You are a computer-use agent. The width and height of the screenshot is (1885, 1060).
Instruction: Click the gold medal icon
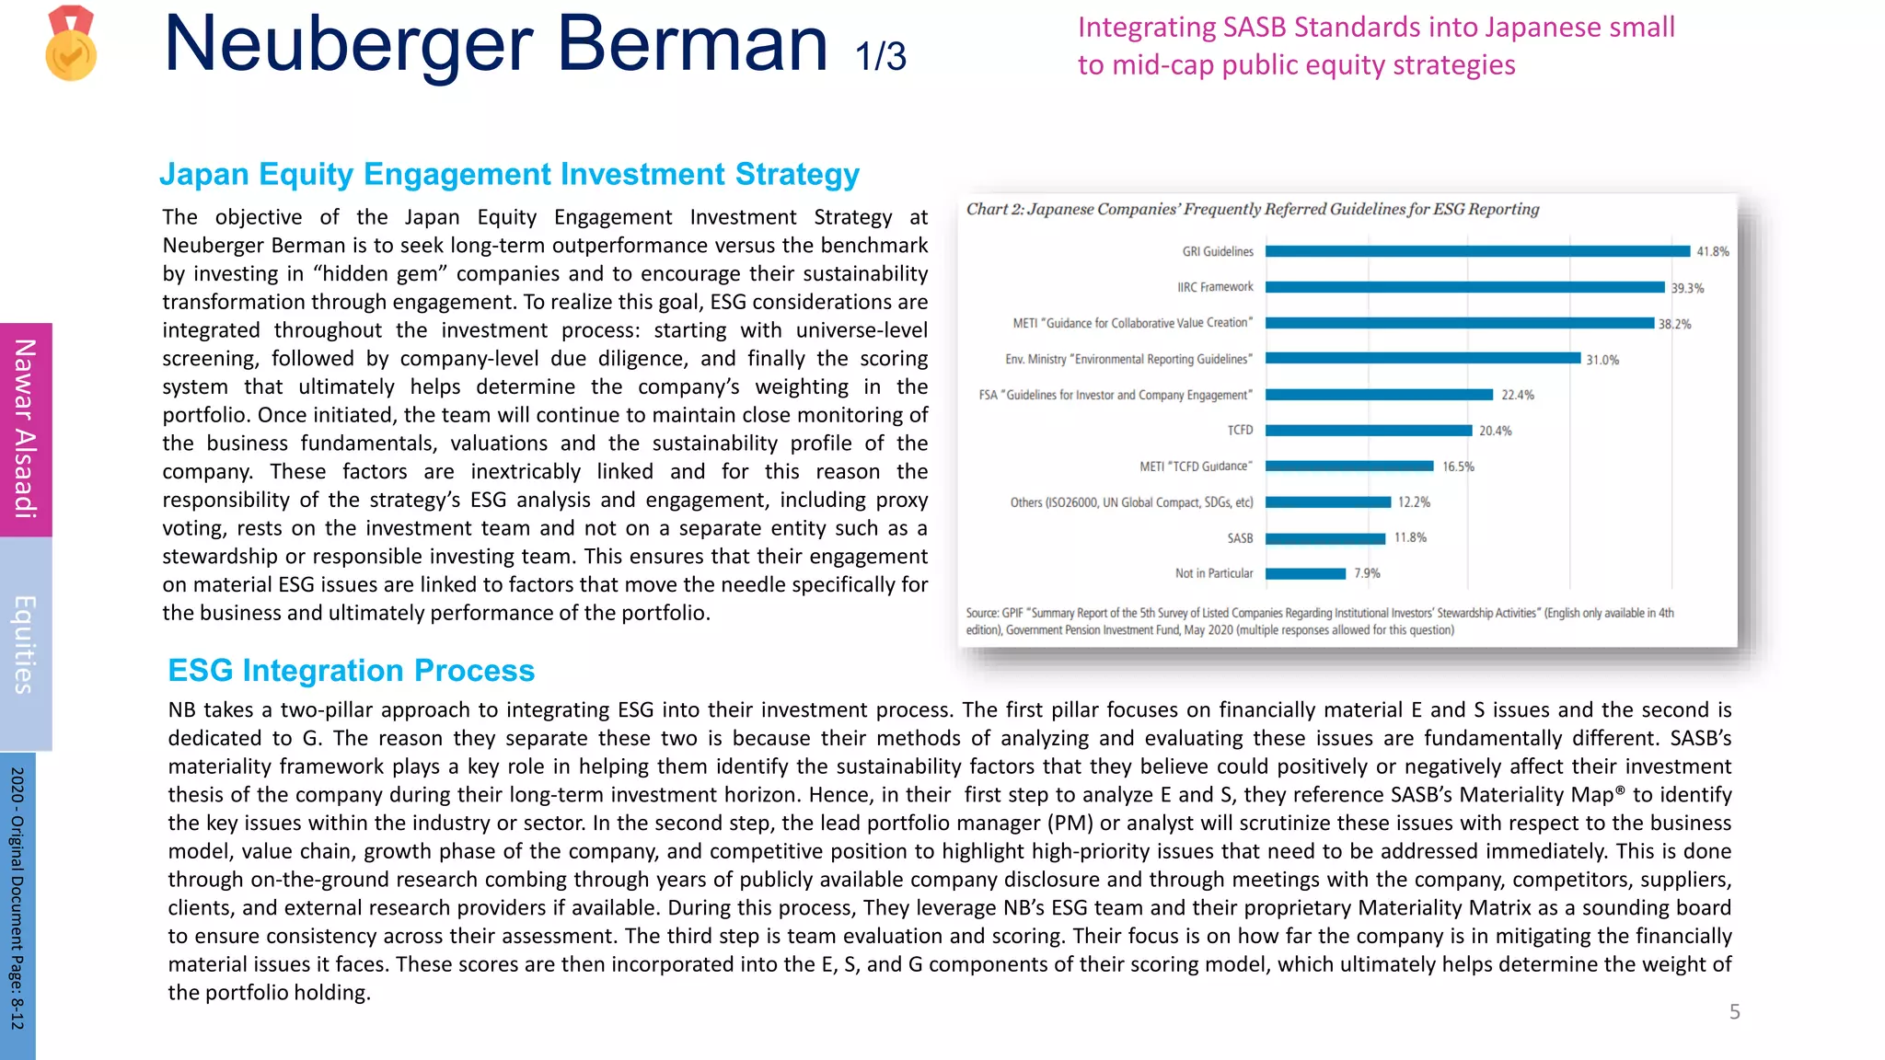(x=71, y=43)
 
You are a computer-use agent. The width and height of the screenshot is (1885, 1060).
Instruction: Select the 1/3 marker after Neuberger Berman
(x=880, y=57)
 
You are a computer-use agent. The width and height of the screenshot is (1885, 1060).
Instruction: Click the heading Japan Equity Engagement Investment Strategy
(x=509, y=174)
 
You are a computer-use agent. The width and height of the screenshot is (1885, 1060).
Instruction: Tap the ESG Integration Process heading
(x=351, y=670)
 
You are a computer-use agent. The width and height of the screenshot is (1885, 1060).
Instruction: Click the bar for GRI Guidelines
(x=1477, y=251)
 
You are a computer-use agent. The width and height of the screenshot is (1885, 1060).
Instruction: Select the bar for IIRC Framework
(x=1464, y=287)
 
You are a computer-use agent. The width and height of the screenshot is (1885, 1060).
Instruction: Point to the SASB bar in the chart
(x=1324, y=538)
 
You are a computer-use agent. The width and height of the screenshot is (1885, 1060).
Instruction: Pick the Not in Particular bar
(x=1305, y=573)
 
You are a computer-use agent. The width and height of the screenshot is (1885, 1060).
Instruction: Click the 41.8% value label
(x=1712, y=251)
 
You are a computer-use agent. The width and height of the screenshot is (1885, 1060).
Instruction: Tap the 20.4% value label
(x=1495, y=431)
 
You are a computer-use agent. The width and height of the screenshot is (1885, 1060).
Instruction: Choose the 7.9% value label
(x=1367, y=573)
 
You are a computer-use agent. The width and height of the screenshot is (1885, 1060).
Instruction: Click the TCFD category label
(x=1239, y=430)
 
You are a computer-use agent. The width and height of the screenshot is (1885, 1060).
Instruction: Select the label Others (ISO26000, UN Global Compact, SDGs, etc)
(x=1131, y=502)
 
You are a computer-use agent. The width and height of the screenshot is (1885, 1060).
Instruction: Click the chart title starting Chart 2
(x=1252, y=209)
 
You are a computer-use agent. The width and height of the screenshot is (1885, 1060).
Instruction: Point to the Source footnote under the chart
(x=1319, y=621)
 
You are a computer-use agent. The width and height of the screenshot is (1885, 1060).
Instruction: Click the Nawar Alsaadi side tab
(x=25, y=429)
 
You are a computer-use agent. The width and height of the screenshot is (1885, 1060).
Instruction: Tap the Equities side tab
(x=25, y=644)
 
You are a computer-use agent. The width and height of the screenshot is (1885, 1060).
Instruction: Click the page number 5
(x=1734, y=1012)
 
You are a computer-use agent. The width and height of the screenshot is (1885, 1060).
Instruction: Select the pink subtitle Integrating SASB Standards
(x=1375, y=46)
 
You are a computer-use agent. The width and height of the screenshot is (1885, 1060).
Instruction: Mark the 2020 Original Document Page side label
(x=17, y=897)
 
